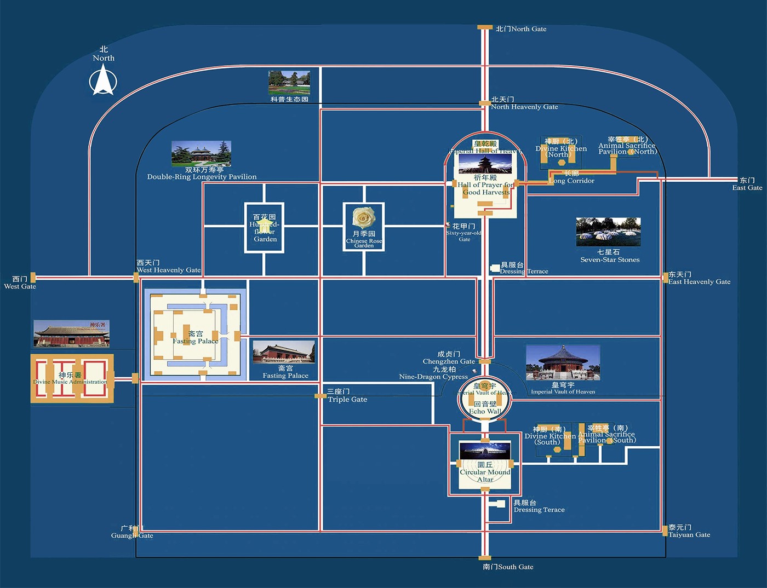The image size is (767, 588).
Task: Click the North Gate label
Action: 521,29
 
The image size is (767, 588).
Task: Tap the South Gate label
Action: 508,567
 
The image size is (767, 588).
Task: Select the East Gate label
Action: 747,184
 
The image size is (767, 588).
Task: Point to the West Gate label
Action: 20,283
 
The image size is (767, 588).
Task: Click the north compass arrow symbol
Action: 103,80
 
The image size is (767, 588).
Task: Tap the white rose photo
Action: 364,218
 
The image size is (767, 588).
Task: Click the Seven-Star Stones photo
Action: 608,232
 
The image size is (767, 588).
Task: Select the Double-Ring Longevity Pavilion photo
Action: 201,153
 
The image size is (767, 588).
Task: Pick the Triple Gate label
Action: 347,396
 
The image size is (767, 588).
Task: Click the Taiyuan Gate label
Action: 689,531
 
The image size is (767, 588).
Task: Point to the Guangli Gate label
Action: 132,532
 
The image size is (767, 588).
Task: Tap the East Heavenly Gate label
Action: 699,278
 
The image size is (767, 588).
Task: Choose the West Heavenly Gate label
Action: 168,267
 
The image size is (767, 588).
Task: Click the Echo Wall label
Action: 485,408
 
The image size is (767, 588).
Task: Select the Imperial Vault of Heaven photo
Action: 563,362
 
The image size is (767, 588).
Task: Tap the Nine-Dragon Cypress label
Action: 434,373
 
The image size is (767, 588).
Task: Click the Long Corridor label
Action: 571,177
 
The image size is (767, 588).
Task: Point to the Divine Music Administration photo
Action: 71,333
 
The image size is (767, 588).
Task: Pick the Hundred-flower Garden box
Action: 265,228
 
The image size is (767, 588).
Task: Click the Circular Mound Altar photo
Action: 485,451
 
